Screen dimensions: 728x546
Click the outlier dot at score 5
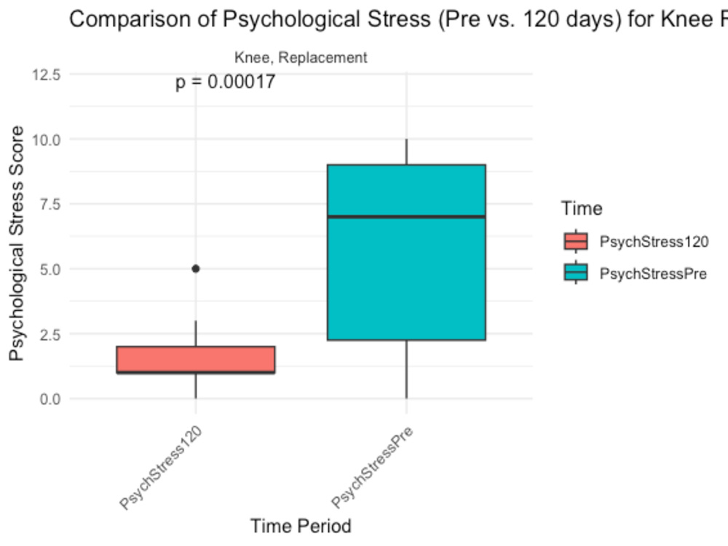coord(195,269)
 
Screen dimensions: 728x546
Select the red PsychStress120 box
coord(195,360)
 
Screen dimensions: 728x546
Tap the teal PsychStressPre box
coord(406,252)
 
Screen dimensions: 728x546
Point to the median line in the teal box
coord(406,216)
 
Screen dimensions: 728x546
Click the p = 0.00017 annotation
coord(225,82)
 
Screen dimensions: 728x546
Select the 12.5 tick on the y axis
coord(46,74)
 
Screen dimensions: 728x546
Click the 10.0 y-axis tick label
coord(46,139)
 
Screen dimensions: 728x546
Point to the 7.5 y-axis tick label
coord(50,204)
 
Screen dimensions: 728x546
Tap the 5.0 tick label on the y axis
coord(50,269)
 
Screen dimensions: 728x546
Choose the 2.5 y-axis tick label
coord(50,334)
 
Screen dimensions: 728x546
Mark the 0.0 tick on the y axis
coord(50,399)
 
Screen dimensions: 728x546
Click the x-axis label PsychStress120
coord(161,467)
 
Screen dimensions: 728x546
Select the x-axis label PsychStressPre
coord(372,467)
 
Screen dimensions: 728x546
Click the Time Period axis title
coord(301,526)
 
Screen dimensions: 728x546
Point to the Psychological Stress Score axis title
coord(17,243)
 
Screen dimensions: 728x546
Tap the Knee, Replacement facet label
coord(301,58)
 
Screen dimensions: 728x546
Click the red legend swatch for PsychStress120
coord(576,242)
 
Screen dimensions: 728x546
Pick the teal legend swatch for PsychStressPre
coord(576,273)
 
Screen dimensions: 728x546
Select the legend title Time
coord(582,208)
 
